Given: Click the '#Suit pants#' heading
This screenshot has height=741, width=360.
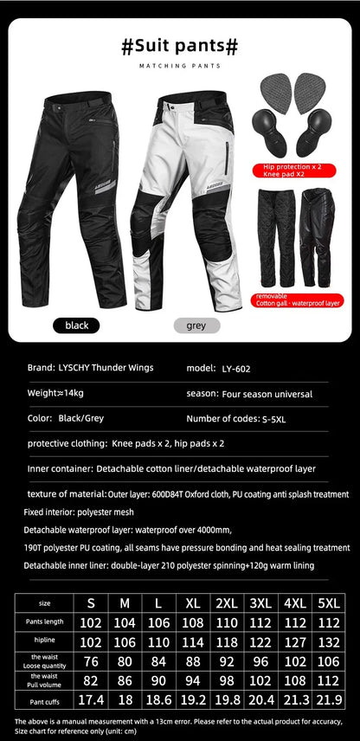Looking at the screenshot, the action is click(180, 46).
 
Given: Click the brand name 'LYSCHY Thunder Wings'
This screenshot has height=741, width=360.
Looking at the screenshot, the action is click(106, 368).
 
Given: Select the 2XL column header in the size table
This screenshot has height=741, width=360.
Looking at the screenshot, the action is click(227, 602).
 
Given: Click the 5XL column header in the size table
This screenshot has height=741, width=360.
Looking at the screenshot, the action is click(330, 602).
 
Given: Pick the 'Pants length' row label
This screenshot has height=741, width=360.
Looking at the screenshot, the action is click(44, 622).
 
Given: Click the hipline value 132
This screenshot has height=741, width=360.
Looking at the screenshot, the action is click(330, 641).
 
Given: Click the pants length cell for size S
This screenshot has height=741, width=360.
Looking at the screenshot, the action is click(91, 622).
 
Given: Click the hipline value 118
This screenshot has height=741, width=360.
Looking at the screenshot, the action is click(227, 641).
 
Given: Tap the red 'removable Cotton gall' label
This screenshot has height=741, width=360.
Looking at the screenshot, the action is click(298, 300).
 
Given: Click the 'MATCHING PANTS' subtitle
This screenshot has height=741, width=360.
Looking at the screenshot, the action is click(180, 66).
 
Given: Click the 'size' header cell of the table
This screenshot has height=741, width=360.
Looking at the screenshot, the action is click(44, 602).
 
